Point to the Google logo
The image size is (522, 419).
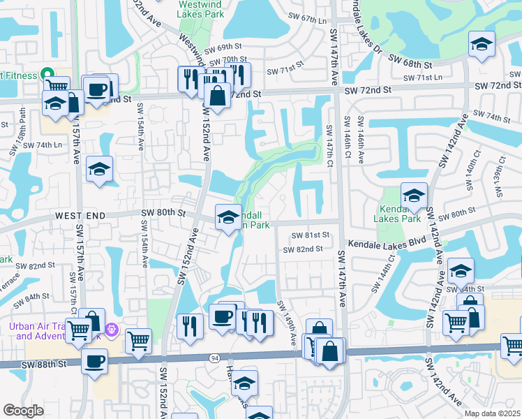pyautogui.click(x=23, y=411)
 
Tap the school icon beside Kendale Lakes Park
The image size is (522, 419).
pyautogui.click(x=414, y=196)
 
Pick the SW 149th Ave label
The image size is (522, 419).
pyautogui.click(x=288, y=321)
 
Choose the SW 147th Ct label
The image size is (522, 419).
pyautogui.click(x=328, y=145)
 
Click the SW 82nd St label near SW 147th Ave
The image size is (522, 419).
pyautogui.click(x=304, y=249)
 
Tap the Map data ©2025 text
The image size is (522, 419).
pyautogui.click(x=492, y=413)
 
